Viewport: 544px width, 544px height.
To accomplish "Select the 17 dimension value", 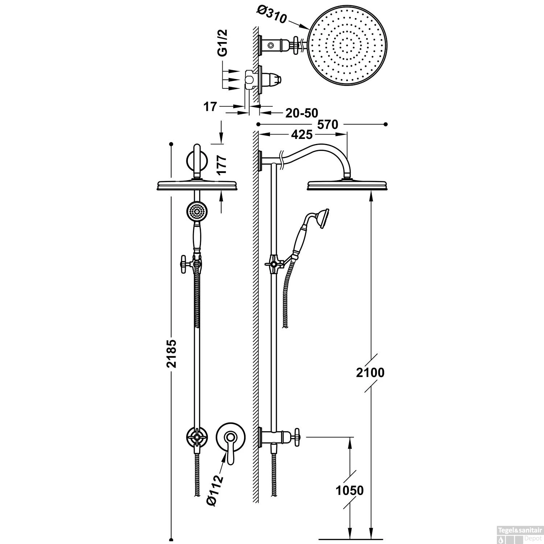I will coord(210,107).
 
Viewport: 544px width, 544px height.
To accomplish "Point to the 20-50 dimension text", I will coord(301,113).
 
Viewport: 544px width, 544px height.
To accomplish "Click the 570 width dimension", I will coord(327,124).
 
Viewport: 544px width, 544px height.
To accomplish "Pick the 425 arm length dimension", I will coord(301,135).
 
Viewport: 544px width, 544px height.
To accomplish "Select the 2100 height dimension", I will coord(370,372).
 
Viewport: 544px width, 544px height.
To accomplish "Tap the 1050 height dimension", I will coord(349,490).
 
